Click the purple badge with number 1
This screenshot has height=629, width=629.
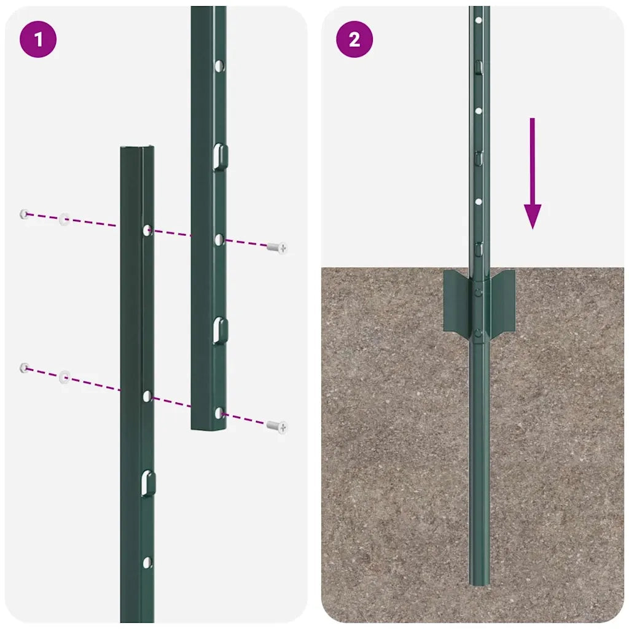tap(38, 40)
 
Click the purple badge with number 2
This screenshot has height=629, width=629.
tap(354, 40)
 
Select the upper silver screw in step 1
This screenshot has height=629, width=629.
tap(277, 248)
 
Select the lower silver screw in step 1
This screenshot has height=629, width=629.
tap(277, 426)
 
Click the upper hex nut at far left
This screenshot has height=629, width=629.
tap(25, 214)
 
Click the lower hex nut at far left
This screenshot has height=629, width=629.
tap(25, 368)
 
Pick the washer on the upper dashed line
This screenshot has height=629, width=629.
tap(64, 219)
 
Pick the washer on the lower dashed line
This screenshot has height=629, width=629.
tap(64, 376)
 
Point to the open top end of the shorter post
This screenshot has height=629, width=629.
tap(136, 149)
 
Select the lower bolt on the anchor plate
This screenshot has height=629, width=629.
tap(479, 333)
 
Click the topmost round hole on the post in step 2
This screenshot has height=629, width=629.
tap(479, 20)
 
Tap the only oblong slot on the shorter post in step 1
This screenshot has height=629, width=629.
tap(147, 483)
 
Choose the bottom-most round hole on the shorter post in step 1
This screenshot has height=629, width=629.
tap(147, 561)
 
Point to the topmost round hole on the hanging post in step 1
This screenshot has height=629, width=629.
tap(219, 64)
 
